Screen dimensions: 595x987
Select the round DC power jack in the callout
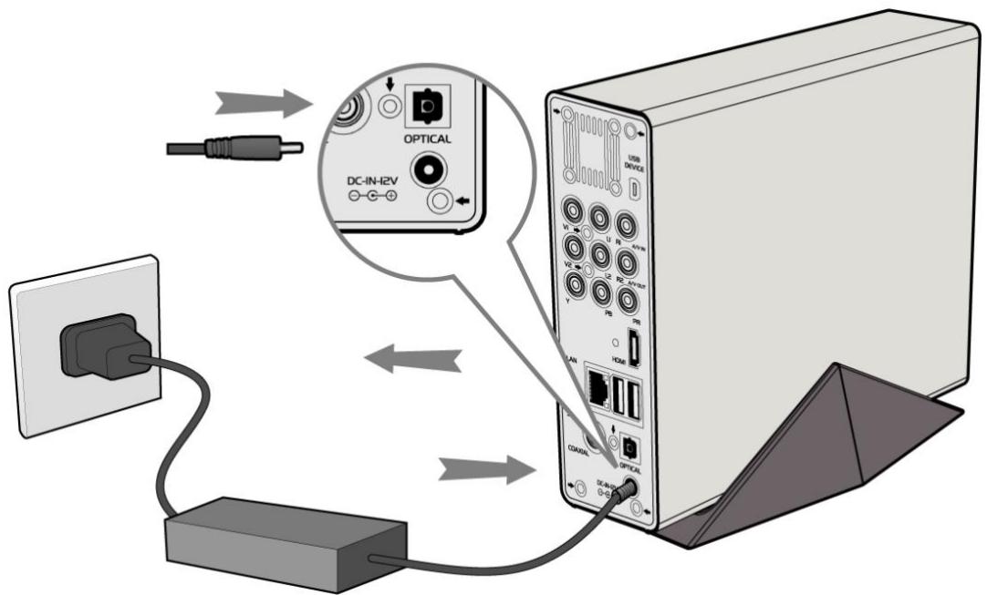point(427,169)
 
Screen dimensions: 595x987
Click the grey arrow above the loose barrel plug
point(261,104)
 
